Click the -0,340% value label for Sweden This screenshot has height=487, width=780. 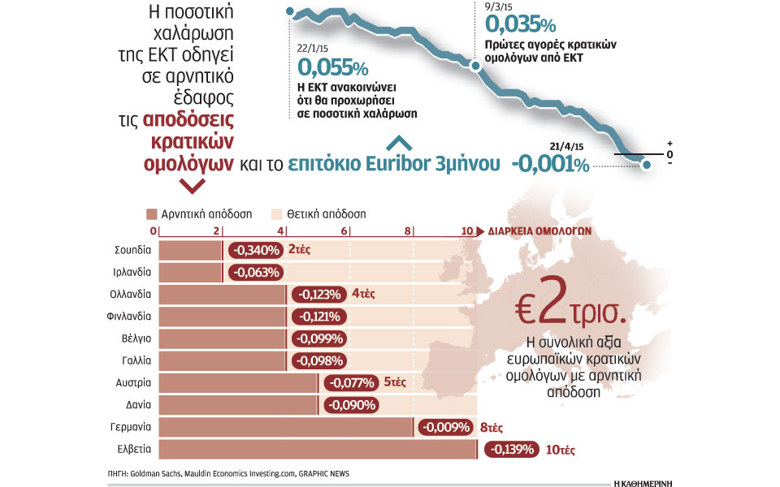pos(255,250)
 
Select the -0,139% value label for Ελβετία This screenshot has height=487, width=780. pos(510,449)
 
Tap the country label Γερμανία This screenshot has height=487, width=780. pos(130,426)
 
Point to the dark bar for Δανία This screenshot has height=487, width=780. pos(238,404)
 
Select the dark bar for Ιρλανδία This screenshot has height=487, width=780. pos(190,272)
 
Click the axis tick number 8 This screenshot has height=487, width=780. pos(407,231)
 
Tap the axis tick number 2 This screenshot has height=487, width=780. pos(216,231)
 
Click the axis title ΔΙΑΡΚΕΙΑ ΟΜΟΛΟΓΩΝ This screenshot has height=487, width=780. pos(540,231)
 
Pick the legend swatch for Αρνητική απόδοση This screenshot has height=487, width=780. pos(151,215)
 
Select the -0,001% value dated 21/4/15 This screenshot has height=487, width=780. pos(549,163)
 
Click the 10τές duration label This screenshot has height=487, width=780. pos(563,449)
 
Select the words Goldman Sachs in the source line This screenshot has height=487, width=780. pos(159,473)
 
